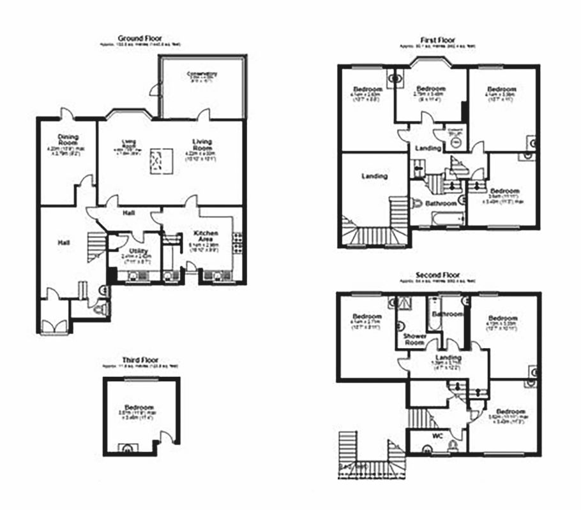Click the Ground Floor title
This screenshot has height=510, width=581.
pyautogui.click(x=140, y=38)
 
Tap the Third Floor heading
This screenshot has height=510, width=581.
pyautogui.click(x=140, y=360)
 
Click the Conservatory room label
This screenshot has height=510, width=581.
pyautogui.click(x=202, y=75)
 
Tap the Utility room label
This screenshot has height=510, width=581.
pyautogui.click(x=134, y=251)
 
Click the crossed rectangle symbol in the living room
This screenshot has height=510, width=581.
pyautogui.click(x=158, y=161)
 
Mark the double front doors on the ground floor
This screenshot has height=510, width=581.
pyautogui.click(x=54, y=324)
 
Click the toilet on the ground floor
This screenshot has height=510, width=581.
pyautogui.click(x=99, y=309)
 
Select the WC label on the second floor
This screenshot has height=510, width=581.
pyautogui.click(x=437, y=436)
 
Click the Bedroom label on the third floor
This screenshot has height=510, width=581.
pyautogui.click(x=139, y=407)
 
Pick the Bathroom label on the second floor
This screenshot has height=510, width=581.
pyautogui.click(x=446, y=314)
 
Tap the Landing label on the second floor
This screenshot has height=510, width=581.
pyautogui.click(x=447, y=357)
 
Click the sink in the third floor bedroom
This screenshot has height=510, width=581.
pyautogui.click(x=126, y=448)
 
